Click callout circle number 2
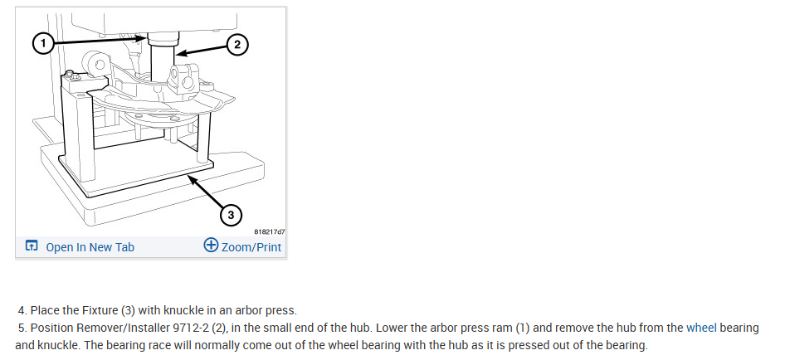click(x=237, y=45)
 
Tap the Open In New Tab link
click(x=90, y=247)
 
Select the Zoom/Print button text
click(x=251, y=247)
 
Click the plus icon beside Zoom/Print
click(x=211, y=246)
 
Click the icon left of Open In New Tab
click(x=32, y=246)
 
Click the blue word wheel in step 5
click(x=700, y=328)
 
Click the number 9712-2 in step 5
click(x=184, y=328)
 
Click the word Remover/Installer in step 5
click(x=116, y=328)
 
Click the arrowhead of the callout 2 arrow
click(x=178, y=55)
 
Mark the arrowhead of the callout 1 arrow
click(x=145, y=37)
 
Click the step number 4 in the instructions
click(x=21, y=310)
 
